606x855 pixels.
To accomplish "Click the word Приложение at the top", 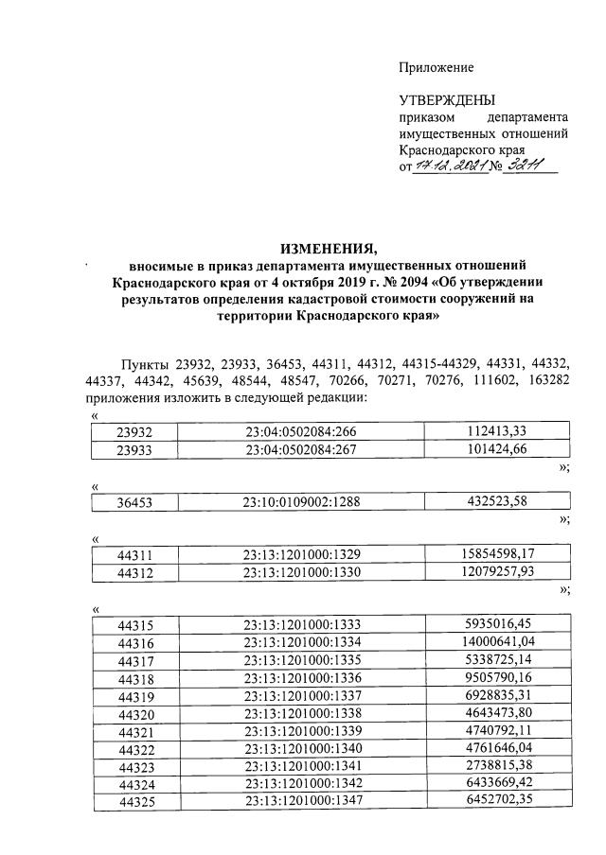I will pyautogui.click(x=436, y=67).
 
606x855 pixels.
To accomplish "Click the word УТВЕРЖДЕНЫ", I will pyautogui.click(x=446, y=100).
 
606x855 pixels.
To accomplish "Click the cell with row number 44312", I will pyautogui.click(x=134, y=572).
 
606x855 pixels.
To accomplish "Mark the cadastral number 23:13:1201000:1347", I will pyautogui.click(x=303, y=799).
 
